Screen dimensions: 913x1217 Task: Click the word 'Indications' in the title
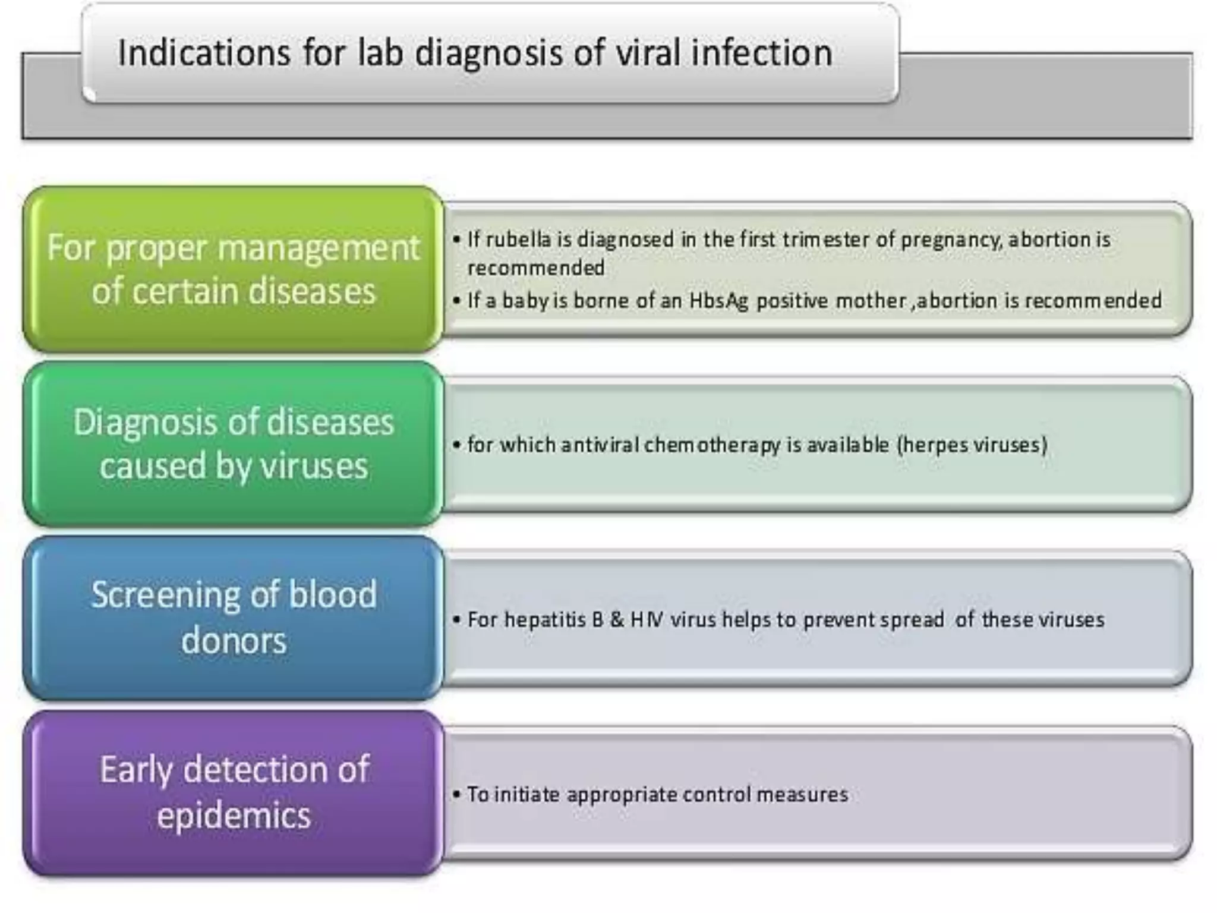[x=204, y=53]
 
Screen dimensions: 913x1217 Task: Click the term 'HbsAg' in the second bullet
[x=718, y=301]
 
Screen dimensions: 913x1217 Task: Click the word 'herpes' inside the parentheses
[x=931, y=445]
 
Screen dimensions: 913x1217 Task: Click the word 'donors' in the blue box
[x=234, y=641]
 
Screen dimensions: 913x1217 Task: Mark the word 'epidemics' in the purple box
[x=234, y=816]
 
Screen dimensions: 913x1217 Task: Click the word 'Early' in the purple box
[x=136, y=770]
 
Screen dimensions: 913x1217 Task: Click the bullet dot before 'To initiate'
[x=456, y=795]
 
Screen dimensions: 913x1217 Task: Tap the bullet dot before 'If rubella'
[x=456, y=240]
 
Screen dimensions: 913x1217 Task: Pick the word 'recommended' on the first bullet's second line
[x=536, y=268]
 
